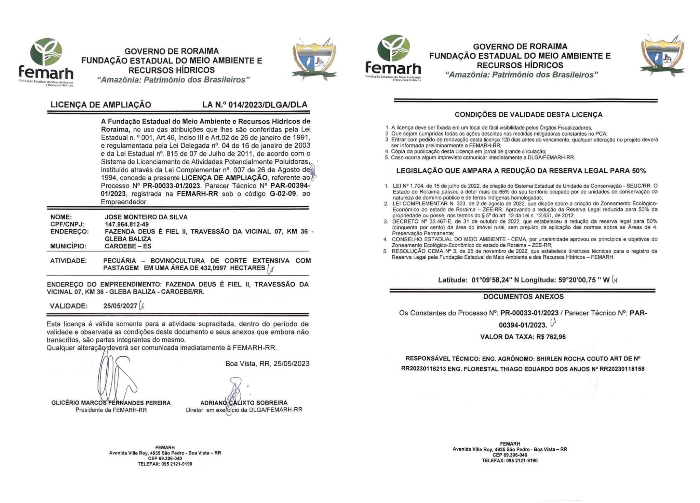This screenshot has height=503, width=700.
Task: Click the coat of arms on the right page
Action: coord(662,55)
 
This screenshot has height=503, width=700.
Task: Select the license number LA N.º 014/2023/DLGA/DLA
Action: coord(255,105)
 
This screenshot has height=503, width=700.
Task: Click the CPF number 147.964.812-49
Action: coord(126,224)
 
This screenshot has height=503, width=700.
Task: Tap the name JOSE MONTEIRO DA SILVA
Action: coord(146,217)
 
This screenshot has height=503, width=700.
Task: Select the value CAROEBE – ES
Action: coord(128,246)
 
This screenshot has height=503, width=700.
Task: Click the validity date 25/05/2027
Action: coord(120,306)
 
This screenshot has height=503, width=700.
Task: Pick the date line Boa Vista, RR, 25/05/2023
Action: coord(267,363)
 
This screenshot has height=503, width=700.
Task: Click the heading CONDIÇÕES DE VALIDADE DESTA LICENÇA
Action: coord(528,115)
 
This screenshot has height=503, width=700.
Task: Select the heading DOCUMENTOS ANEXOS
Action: coord(523,297)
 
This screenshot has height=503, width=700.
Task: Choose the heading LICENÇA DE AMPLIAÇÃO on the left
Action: coord(101,105)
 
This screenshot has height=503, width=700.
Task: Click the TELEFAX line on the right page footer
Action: coord(510,461)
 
